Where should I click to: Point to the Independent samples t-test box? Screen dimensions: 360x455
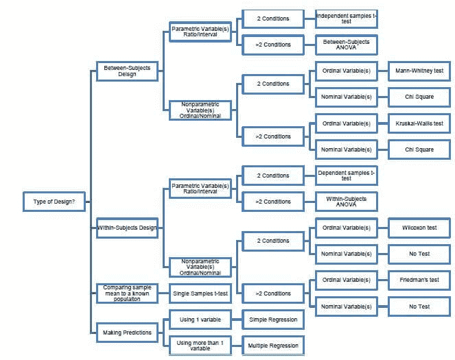click(346, 19)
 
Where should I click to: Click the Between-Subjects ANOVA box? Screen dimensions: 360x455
click(346, 45)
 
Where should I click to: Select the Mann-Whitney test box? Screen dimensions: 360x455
click(419, 71)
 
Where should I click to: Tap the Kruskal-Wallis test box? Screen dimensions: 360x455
click(419, 123)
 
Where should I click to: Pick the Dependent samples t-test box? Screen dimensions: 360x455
click(346, 176)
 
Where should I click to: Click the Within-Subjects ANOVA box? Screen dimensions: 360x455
click(346, 202)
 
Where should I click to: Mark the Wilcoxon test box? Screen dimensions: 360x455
click(419, 228)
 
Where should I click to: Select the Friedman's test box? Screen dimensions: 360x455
click(419, 280)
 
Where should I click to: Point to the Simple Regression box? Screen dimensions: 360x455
click(272, 319)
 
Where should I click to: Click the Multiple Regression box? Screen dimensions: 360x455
click(272, 344)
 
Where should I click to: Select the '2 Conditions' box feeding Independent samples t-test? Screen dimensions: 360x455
click(272, 19)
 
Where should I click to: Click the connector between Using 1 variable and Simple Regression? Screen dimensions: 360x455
click(235, 319)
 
